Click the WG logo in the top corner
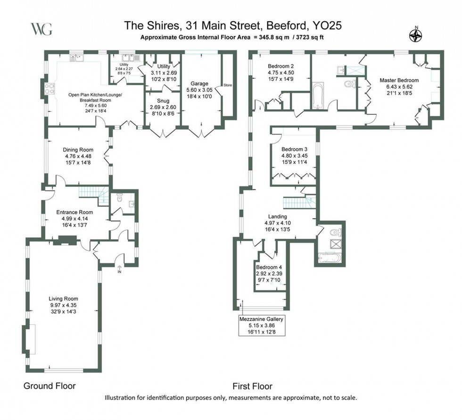click(x=41, y=29)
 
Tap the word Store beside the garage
click(x=227, y=85)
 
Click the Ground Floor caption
click(x=49, y=386)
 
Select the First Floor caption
click(x=252, y=386)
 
